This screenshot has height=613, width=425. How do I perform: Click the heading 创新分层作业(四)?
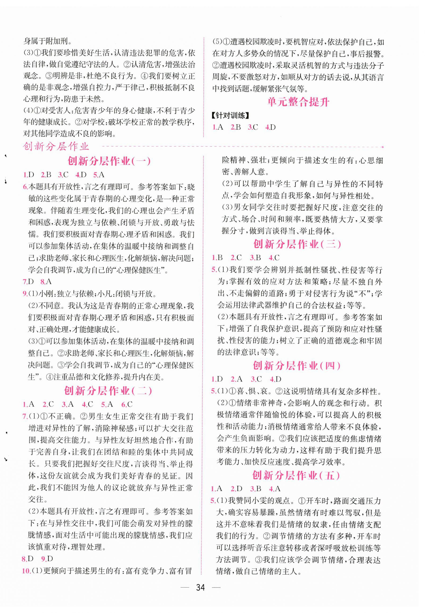(297, 366)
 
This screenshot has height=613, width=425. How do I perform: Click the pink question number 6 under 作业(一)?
(25, 187)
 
